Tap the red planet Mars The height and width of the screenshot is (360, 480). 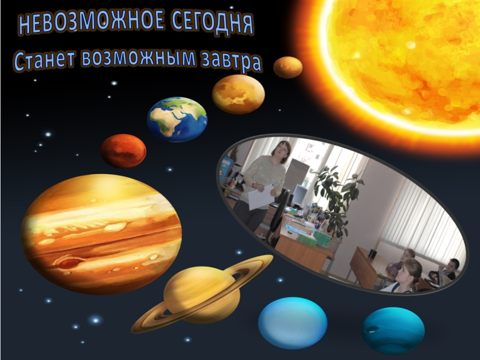(123, 150)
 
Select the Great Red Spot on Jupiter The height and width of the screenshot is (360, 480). (70, 262)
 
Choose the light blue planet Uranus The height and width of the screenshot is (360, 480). (292, 322)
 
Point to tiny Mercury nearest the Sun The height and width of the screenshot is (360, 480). (287, 67)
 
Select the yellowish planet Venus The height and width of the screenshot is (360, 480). (238, 94)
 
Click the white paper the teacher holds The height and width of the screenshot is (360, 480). (260, 196)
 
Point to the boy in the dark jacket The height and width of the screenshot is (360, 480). (450, 270)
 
